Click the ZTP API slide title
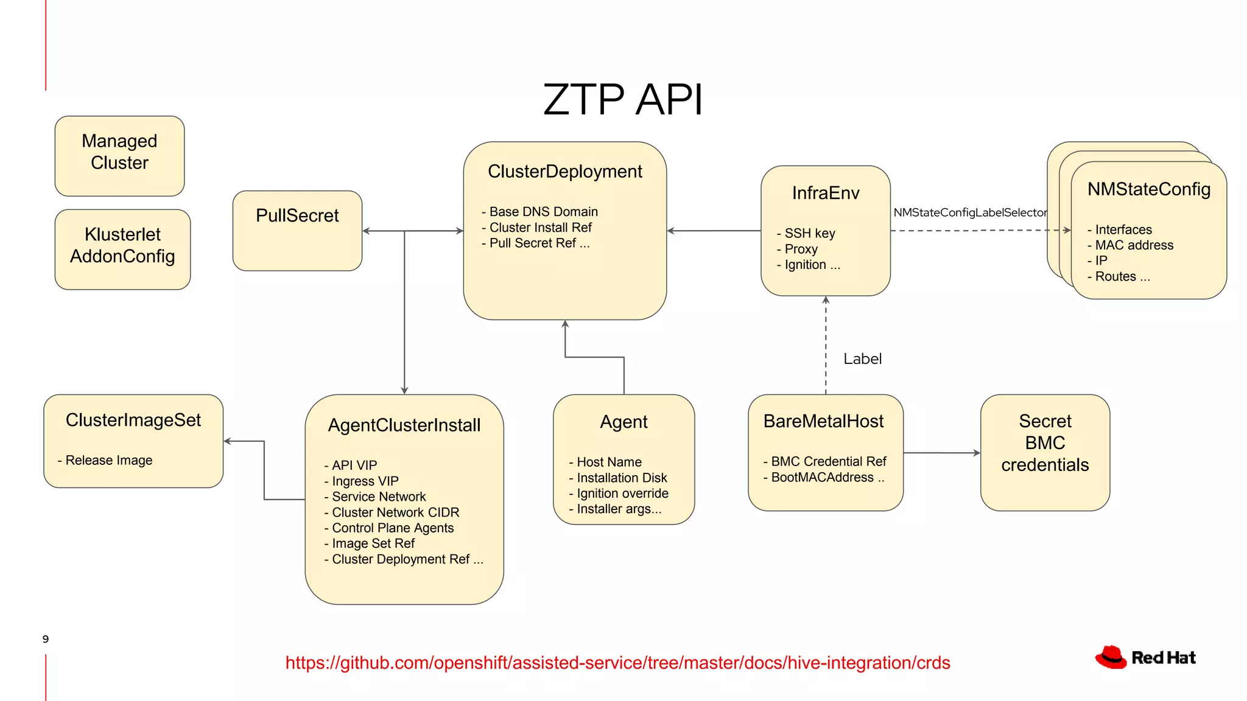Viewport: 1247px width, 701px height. (x=622, y=99)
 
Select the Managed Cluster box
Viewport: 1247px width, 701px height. (x=119, y=156)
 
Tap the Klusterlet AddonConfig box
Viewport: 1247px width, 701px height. (x=122, y=249)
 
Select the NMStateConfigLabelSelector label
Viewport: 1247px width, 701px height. (x=969, y=212)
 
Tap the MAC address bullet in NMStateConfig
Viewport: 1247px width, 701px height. (x=1133, y=245)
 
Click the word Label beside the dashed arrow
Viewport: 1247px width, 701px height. (x=862, y=359)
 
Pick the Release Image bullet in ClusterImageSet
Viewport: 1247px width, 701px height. (x=107, y=461)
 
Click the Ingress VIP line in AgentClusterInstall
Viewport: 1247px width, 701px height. (x=364, y=481)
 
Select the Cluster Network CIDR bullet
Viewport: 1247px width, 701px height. (x=394, y=512)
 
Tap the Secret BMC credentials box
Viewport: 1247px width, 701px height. (x=1045, y=452)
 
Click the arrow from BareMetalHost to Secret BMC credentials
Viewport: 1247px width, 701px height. (x=941, y=453)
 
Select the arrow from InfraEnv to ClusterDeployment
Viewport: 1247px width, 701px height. (x=714, y=231)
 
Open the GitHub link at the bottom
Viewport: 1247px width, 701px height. (x=617, y=663)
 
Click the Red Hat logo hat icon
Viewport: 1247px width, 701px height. (x=1111, y=657)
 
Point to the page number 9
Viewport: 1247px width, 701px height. (x=46, y=639)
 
